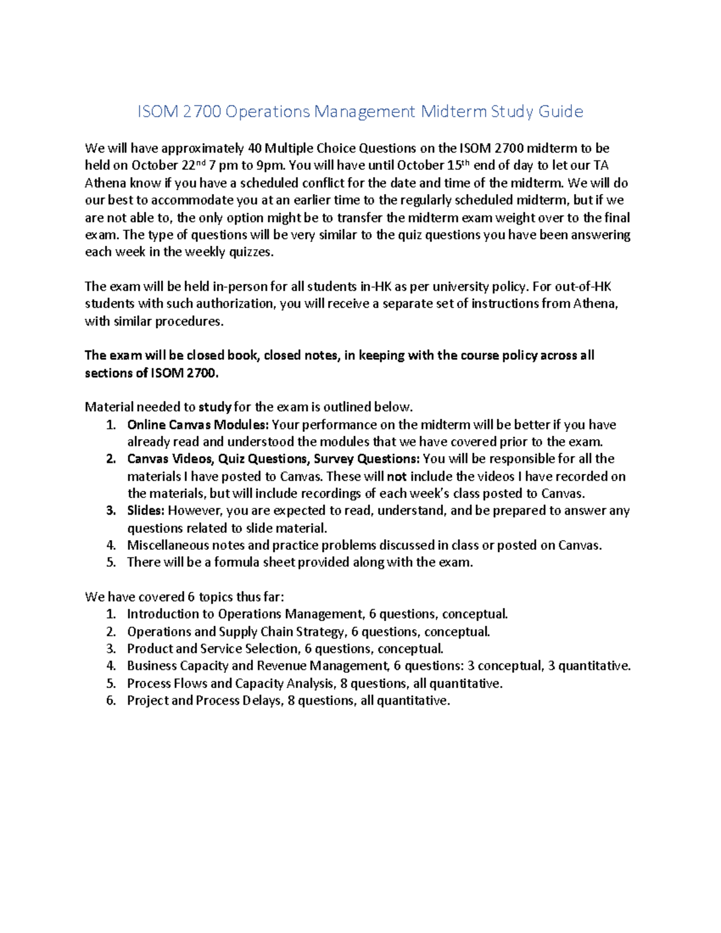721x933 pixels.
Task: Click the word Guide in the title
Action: pyautogui.click(x=560, y=112)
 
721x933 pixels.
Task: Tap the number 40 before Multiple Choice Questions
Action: pyautogui.click(x=255, y=148)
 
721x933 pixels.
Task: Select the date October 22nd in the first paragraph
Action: pyautogui.click(x=169, y=166)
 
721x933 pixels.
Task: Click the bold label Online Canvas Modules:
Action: pyautogui.click(x=198, y=425)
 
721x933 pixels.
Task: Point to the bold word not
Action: pyautogui.click(x=396, y=477)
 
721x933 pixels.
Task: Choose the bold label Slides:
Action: pyautogui.click(x=145, y=511)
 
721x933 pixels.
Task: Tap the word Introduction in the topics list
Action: pyautogui.click(x=163, y=615)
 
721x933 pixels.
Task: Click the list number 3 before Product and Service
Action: pyautogui.click(x=110, y=649)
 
